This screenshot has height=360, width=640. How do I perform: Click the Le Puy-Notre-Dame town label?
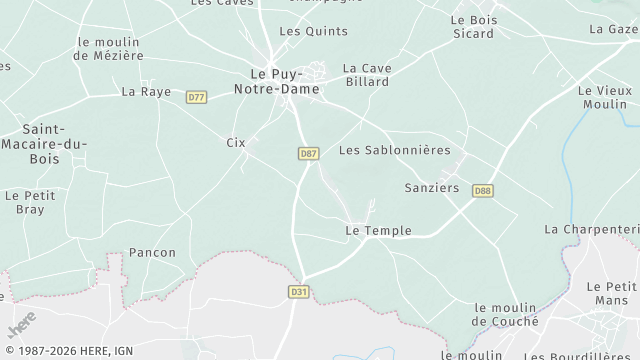tap(285, 81)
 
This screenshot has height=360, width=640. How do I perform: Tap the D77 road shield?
tap(196, 97)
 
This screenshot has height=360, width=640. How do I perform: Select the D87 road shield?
tap(308, 153)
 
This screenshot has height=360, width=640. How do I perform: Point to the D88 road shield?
tap(483, 190)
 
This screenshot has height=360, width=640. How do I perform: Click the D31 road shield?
tap(298, 291)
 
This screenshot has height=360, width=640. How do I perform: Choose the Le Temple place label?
tap(377, 231)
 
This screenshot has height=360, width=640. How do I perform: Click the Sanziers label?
tap(431, 187)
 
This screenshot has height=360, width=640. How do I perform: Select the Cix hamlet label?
tap(236, 143)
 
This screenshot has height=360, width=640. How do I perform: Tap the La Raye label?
tap(146, 91)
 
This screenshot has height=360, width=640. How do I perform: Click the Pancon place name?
tap(152, 253)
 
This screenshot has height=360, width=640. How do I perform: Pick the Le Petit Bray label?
tap(30, 202)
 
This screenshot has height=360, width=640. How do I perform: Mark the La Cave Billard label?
tap(366, 75)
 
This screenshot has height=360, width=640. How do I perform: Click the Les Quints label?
tap(300, 31)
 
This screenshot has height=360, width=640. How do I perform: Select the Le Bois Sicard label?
tap(472, 26)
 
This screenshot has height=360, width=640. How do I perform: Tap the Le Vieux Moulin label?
tap(605, 97)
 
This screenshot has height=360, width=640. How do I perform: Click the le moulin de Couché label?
tap(506, 314)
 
